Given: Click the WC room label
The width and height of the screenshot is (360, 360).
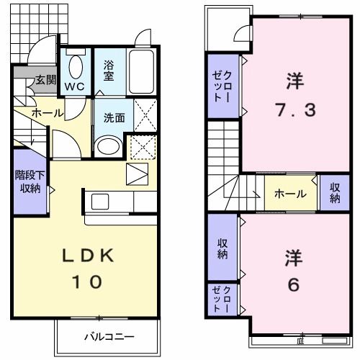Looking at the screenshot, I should [74, 86].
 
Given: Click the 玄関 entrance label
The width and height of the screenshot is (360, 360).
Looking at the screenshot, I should [45, 80].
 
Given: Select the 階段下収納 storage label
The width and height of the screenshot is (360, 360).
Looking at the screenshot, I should [29, 181].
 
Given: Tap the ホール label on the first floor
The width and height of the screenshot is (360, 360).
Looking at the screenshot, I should [47, 113].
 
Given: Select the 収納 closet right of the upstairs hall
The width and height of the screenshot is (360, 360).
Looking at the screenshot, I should [335, 193].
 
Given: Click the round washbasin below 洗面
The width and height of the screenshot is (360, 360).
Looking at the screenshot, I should [108, 147].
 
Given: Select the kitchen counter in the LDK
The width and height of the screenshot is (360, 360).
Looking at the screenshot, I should [115, 199].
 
